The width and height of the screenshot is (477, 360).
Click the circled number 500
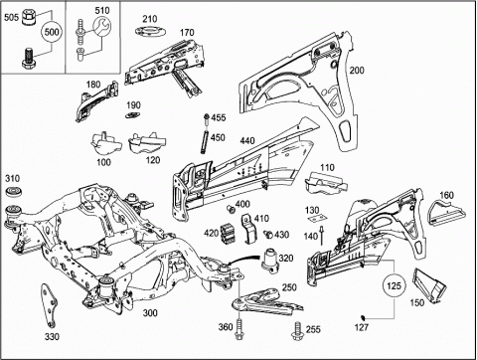click(x=52, y=32)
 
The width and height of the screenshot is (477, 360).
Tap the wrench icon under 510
click(x=101, y=27)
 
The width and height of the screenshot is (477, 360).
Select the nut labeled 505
click(x=29, y=17)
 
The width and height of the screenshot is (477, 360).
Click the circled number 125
click(x=394, y=285)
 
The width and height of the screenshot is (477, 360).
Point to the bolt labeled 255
click(x=297, y=331)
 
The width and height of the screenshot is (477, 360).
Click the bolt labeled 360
click(x=238, y=329)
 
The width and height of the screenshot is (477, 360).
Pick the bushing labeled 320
click(x=272, y=261)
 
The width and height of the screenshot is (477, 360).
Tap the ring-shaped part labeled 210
click(x=150, y=32)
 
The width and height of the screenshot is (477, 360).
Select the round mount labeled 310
click(x=13, y=192)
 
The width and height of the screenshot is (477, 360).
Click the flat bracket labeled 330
click(x=49, y=305)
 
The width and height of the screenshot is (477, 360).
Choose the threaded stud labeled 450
click(x=204, y=142)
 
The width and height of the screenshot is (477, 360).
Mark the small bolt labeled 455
click(x=206, y=119)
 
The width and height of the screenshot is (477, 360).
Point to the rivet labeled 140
click(x=321, y=236)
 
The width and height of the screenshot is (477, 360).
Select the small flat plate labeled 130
click(x=317, y=218)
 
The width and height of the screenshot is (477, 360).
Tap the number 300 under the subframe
click(x=150, y=312)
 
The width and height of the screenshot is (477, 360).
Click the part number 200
click(x=357, y=71)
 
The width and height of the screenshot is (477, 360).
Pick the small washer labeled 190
click(x=133, y=115)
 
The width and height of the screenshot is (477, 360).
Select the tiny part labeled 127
click(x=363, y=316)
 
